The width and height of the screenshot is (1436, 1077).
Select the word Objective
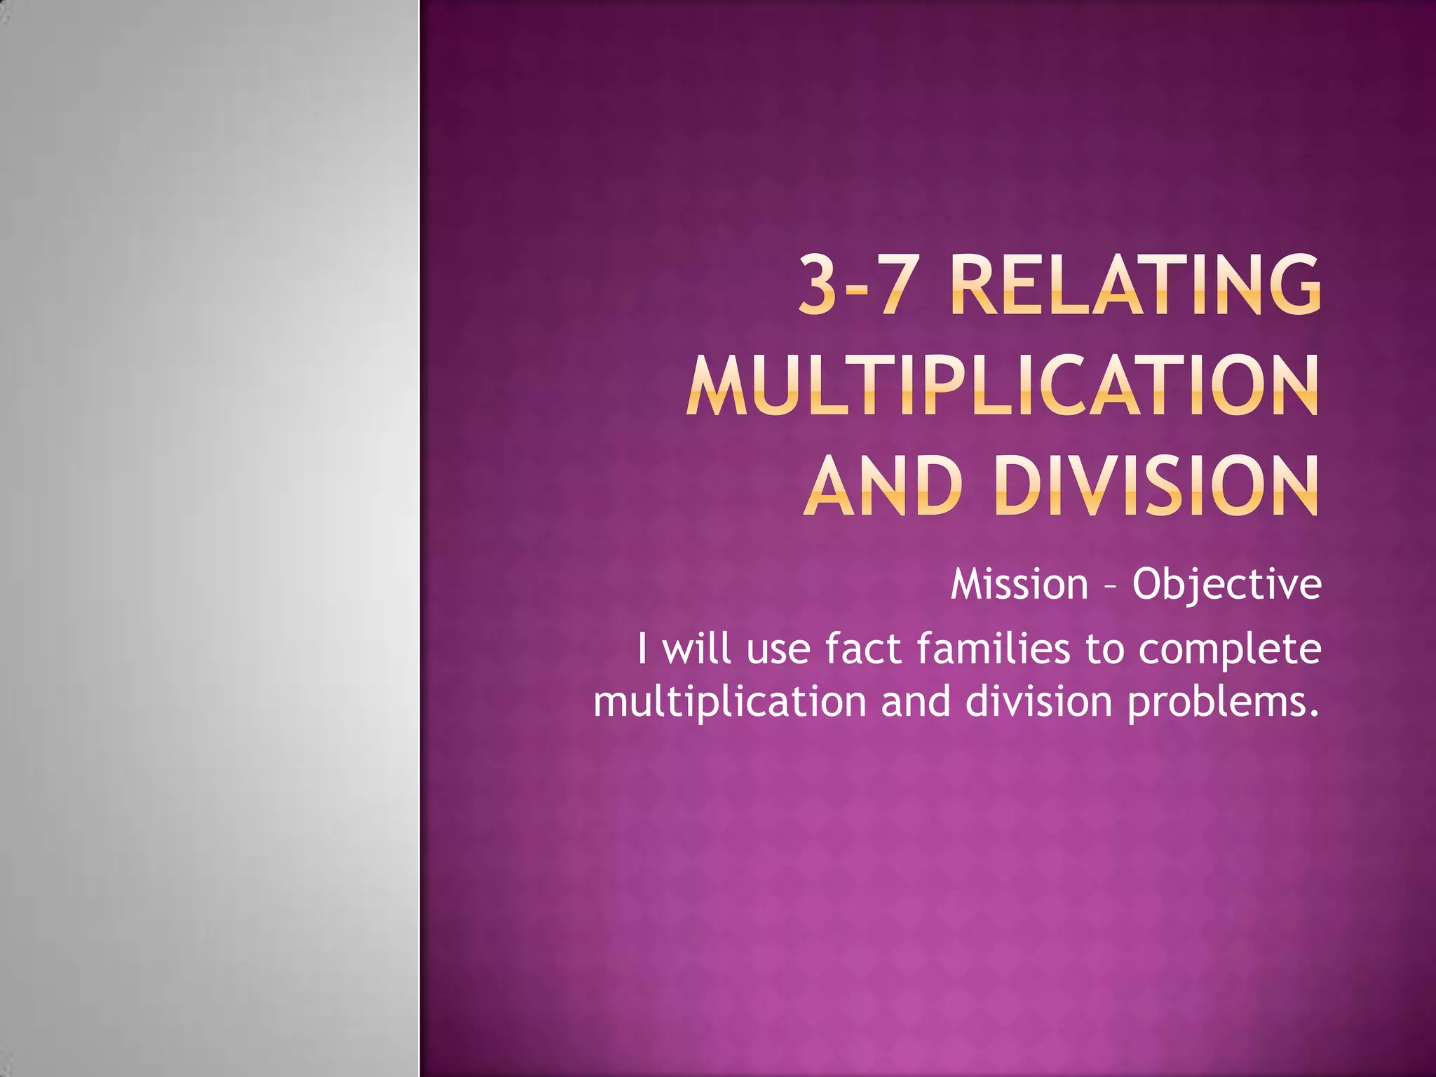[x=1226, y=585]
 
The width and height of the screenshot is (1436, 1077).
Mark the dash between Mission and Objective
[x=1110, y=585]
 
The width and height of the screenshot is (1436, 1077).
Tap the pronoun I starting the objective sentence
[x=642, y=649]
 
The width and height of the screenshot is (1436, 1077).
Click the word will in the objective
[x=698, y=649]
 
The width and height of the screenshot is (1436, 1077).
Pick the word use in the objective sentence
[x=778, y=650]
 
